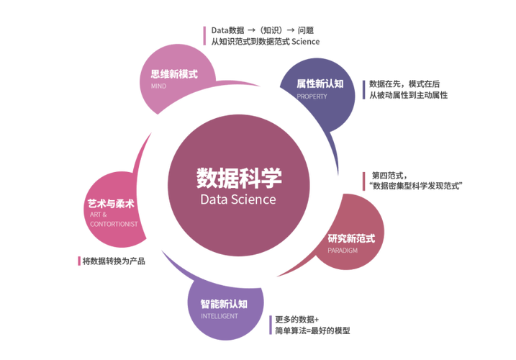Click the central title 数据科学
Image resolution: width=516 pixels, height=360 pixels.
(239, 178)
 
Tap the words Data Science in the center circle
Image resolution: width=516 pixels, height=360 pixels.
(238, 199)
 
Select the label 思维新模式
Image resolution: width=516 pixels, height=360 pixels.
(174, 73)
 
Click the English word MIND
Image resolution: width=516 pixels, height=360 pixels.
(158, 86)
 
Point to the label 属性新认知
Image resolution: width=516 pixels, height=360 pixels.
(320, 84)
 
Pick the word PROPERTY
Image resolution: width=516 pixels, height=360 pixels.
(312, 96)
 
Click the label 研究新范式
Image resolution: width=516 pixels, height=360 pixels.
(351, 238)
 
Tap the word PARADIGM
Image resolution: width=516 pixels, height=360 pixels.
(343, 251)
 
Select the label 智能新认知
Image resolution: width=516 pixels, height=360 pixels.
(224, 304)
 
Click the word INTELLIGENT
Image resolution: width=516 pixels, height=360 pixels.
(219, 316)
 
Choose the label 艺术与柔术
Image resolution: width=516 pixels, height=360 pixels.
(111, 204)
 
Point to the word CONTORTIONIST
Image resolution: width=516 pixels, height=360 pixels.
(114, 225)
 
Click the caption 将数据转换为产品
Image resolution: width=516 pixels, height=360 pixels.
(114, 261)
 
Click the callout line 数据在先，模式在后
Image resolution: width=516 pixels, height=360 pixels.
(404, 84)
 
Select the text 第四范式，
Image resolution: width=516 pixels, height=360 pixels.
(389, 175)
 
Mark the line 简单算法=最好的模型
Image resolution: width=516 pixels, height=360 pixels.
(312, 330)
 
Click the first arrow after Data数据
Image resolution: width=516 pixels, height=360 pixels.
(251, 30)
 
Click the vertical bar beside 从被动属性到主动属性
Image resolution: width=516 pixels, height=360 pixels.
(363, 89)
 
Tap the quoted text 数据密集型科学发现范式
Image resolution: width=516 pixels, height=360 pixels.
(416, 186)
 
